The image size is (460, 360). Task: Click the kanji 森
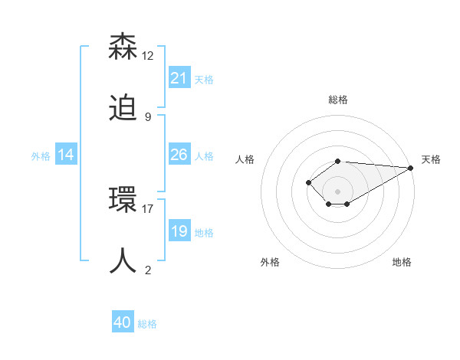123,47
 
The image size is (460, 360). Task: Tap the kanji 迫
123,110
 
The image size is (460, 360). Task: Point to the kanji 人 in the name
123,260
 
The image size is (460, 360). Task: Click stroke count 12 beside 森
148,56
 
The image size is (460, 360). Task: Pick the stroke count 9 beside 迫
147,117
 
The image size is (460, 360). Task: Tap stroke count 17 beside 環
148,208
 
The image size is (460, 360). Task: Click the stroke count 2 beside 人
147,270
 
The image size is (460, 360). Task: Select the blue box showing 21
179,78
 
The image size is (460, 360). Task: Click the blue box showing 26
179,155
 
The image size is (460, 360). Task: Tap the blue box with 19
179,231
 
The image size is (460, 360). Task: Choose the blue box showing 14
66,155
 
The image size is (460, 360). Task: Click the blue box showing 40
123,322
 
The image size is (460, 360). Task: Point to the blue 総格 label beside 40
147,324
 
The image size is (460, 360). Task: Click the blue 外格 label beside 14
41,155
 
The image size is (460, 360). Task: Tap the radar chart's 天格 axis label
431,159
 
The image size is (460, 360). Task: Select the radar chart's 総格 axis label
338,100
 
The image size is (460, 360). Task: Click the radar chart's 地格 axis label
402,262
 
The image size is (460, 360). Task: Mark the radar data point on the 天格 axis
411,168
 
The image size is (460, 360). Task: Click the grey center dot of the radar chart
338,191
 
